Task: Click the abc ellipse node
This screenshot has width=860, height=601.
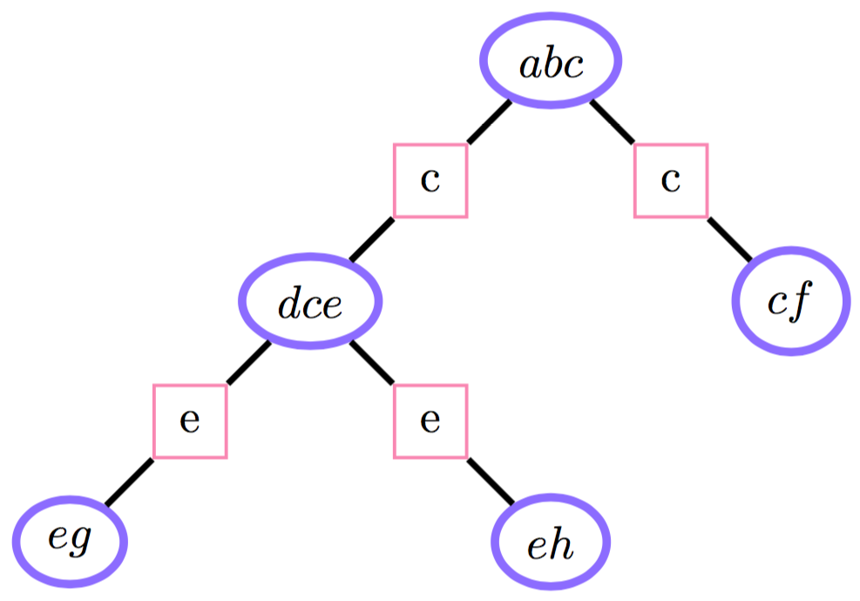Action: [x=551, y=61]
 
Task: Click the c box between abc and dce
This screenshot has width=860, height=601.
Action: [x=430, y=181]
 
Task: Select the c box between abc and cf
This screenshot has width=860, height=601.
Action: [x=670, y=181]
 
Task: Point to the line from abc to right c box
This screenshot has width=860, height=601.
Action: [x=613, y=123]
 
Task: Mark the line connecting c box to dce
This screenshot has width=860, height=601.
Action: [x=372, y=240]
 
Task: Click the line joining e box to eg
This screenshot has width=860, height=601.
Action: [x=130, y=481]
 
